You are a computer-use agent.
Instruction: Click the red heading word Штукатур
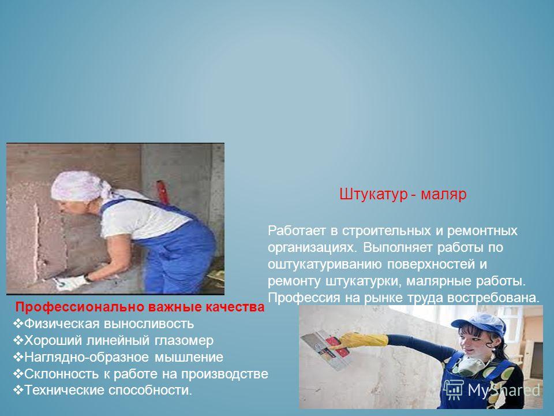coord(373,195)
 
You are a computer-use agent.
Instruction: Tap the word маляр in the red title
coord(444,195)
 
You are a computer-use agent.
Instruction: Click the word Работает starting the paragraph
coord(297,231)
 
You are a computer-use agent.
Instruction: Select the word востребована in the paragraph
coord(493,298)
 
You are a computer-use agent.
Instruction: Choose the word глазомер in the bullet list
coord(184,341)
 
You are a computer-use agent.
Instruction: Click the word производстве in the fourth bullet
coord(224,374)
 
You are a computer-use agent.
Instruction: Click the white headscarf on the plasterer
coord(81,186)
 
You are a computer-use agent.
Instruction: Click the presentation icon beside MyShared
coord(453,390)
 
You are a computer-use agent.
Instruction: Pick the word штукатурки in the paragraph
coord(362,281)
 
